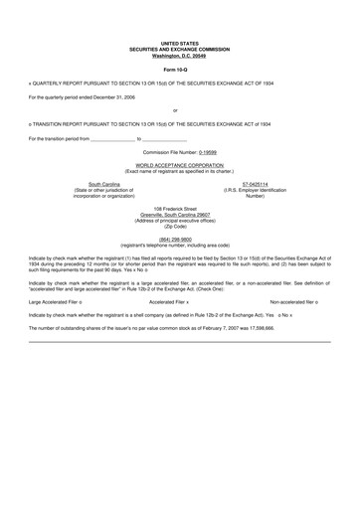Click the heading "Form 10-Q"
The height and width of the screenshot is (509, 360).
(x=180, y=70)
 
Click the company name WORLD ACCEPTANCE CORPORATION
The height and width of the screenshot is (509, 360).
(x=180, y=165)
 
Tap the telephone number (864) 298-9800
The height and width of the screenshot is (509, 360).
(x=180, y=239)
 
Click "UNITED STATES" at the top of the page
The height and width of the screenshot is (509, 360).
(x=180, y=43)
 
